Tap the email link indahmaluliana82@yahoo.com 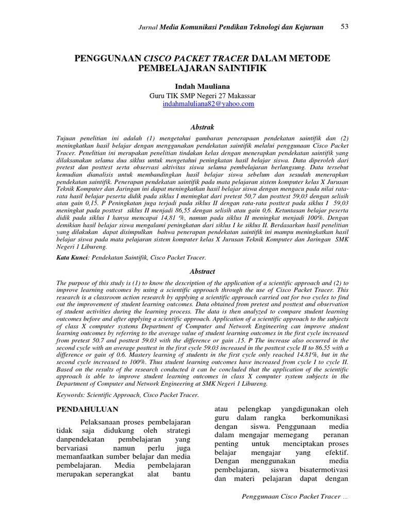click(208, 104)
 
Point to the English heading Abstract click(202, 271)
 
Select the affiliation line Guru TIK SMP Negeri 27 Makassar click(202, 95)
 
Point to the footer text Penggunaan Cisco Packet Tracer click(292, 496)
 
